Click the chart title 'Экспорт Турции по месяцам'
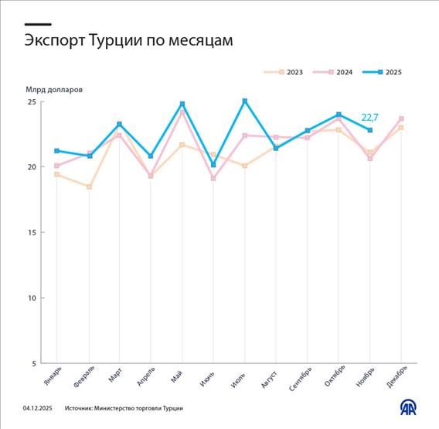click(x=128, y=41)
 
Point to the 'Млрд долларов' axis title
click(x=53, y=89)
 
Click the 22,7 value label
click(x=370, y=118)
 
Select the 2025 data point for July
click(x=245, y=101)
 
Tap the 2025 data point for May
click(x=182, y=104)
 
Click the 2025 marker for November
click(x=370, y=130)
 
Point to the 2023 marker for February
click(x=89, y=187)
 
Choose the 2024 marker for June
click(x=213, y=178)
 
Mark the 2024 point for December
click(x=402, y=118)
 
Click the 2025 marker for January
click(x=57, y=151)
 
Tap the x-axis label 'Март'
click(x=114, y=375)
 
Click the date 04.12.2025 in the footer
click(x=37, y=408)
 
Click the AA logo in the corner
click(x=408, y=407)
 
